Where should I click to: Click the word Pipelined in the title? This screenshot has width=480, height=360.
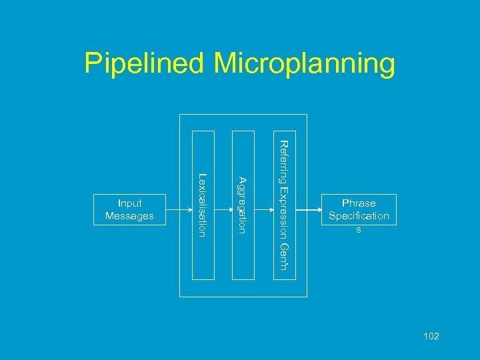pyautogui.click(x=144, y=64)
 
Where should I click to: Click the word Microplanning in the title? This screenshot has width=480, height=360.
pyautogui.click(x=304, y=64)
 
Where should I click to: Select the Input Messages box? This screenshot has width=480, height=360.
pyautogui.click(x=129, y=209)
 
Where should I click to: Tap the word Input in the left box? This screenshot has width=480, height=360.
pyautogui.click(x=129, y=203)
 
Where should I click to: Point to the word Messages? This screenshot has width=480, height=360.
pyautogui.click(x=129, y=216)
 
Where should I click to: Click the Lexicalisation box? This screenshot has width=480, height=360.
pyautogui.click(x=203, y=205)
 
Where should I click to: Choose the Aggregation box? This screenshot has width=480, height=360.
pyautogui.click(x=243, y=205)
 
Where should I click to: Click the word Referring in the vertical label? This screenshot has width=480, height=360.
pyautogui.click(x=283, y=162)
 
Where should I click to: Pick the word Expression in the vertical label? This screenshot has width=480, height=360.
pyautogui.click(x=283, y=212)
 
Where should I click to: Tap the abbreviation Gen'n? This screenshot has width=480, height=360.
pyautogui.click(x=283, y=256)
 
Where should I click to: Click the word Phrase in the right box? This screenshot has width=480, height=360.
pyautogui.click(x=359, y=203)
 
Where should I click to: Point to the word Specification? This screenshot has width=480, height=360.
pyautogui.click(x=359, y=216)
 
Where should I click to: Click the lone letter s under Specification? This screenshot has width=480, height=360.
pyautogui.click(x=359, y=229)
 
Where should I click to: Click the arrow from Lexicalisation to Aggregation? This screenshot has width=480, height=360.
pyautogui.click(x=223, y=209)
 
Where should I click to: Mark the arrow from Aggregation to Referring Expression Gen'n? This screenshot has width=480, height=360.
pyautogui.click(x=264, y=209)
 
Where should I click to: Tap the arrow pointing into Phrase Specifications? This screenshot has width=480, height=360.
pyautogui.click(x=308, y=209)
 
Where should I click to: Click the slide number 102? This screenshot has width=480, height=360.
pyautogui.click(x=431, y=336)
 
